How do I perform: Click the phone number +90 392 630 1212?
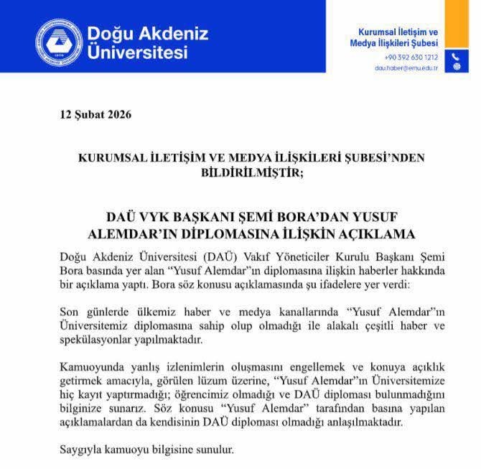(411, 57)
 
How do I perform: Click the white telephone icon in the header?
(454, 57)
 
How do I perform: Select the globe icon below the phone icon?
(454, 68)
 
